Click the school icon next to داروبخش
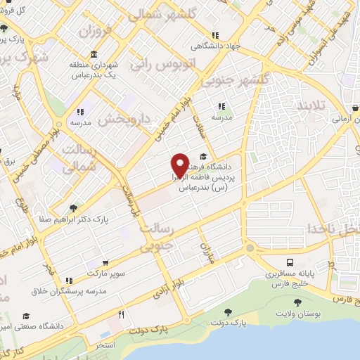pyautogui.click(x=80, y=111)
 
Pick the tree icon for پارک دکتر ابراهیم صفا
pyautogui.click(x=73, y=207)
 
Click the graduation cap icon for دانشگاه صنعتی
pyautogui.click(x=27, y=316)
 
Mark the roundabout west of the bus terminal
pyautogui.click(x=250, y=249)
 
